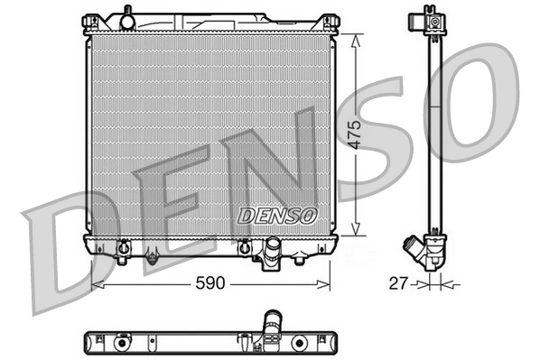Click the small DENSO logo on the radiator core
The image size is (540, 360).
pos(277,216)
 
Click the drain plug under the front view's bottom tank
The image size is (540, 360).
pos(152,258)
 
